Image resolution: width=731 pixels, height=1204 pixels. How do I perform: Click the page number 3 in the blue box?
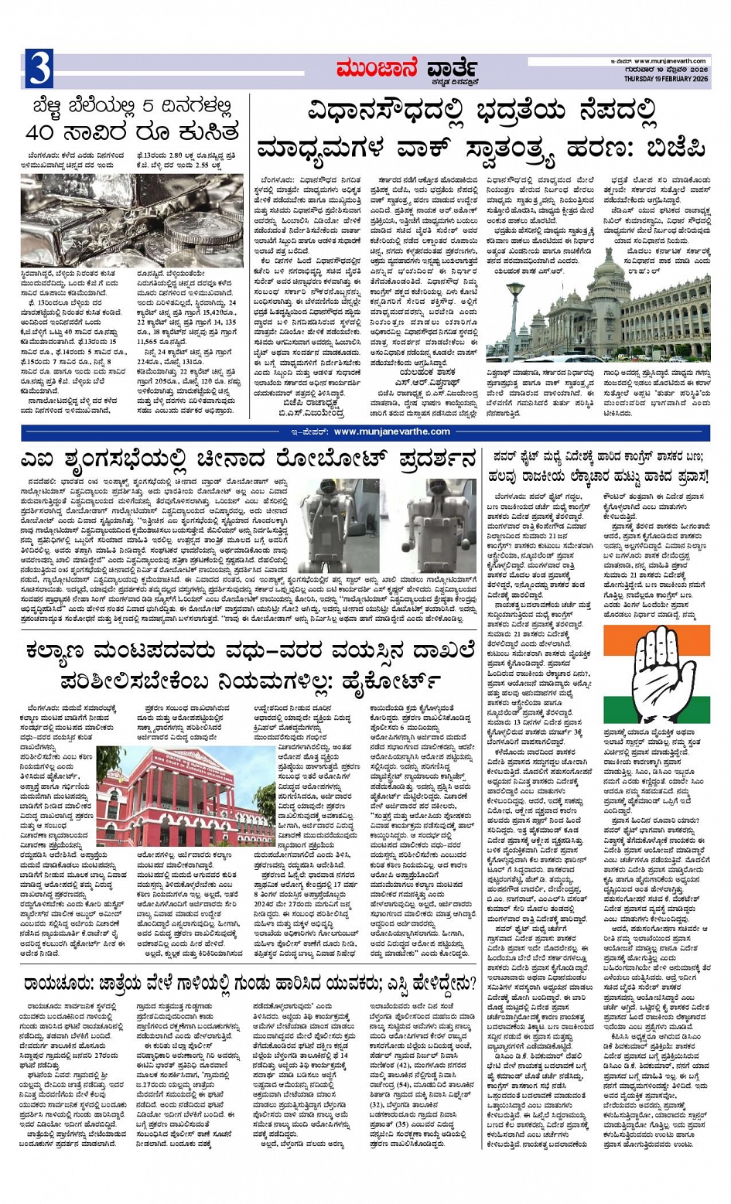click(38, 69)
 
